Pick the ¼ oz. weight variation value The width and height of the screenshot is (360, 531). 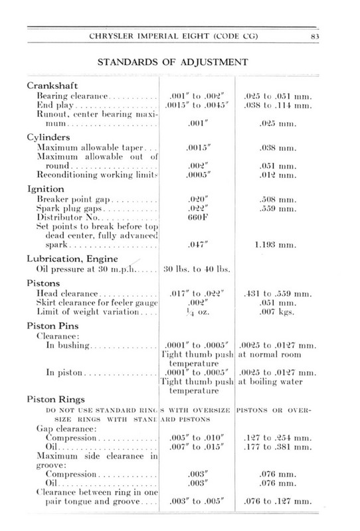193,313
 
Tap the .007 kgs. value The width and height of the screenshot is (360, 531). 276,313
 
